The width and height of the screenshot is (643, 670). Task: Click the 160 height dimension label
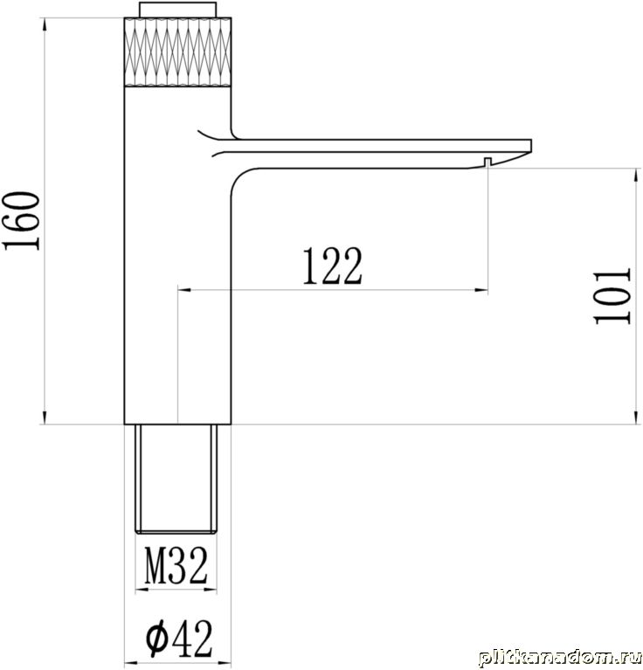click(x=21, y=221)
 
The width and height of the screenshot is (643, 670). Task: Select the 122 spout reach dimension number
click(x=333, y=266)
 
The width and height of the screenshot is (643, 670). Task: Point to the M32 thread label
click(x=176, y=565)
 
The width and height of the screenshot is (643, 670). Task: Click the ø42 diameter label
click(x=179, y=639)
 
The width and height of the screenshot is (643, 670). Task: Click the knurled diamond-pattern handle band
click(x=177, y=52)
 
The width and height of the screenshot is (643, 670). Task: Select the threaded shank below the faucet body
click(x=176, y=479)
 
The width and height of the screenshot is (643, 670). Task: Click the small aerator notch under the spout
click(x=487, y=162)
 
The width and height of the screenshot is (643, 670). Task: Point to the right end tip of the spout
click(x=531, y=145)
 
